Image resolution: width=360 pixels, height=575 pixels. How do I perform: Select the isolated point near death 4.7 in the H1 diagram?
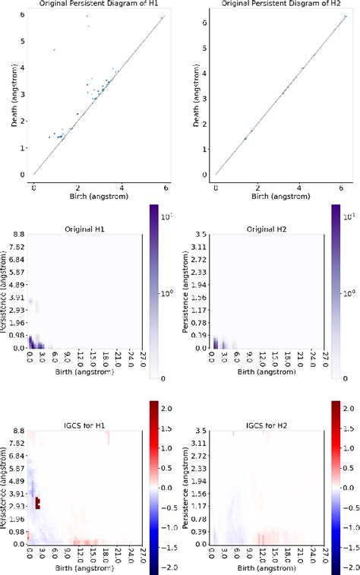coord(54,50)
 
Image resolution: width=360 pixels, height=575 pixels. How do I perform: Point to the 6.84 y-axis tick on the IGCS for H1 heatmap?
coord(17,457)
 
